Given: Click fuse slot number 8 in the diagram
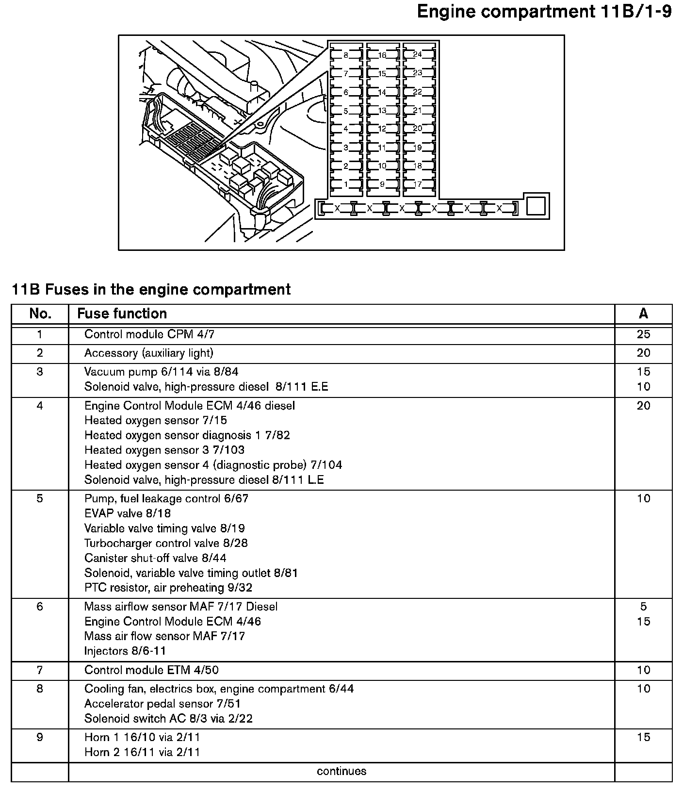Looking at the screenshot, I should pos(346,55).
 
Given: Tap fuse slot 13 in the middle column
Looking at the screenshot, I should pos(382,111).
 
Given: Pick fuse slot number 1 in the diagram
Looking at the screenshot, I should pos(346,184).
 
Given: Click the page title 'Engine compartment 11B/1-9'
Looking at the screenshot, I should pos(544,12).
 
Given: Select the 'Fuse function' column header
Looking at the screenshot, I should pos(122,313).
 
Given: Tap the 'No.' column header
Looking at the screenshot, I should pos(40,313).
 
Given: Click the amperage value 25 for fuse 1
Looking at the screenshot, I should pos(643,334).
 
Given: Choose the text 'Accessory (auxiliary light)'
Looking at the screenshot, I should pos(148,353).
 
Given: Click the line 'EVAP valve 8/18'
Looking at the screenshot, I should pos(128,513).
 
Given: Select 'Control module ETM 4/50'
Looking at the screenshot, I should pos(151,670).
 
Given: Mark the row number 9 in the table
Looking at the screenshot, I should pos(40,737).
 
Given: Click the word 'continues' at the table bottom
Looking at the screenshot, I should pos(341,771).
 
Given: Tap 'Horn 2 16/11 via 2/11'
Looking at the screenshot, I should pos(142,752).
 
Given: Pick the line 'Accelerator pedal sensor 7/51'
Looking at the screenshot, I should pos(163,704).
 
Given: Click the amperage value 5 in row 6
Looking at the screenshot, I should pos(643,607).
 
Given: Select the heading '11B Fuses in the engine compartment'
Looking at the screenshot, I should pos(151,289).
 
